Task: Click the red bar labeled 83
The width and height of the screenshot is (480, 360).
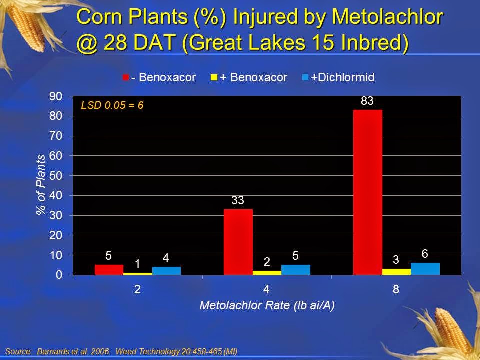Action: pos(368,192)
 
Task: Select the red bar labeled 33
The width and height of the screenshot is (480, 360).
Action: pos(238,242)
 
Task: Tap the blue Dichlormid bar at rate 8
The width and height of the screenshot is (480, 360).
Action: pos(425,269)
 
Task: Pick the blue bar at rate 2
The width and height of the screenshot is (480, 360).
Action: pos(166,271)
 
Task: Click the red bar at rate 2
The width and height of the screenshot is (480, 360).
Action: pos(109,270)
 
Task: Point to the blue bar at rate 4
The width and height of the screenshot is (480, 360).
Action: pos(296,270)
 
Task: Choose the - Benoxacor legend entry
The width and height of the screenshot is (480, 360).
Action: pos(160,77)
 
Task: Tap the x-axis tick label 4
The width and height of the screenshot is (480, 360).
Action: pos(267,289)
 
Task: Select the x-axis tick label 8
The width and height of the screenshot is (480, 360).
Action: pos(396,289)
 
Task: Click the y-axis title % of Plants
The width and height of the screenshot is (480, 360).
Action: pos(41,185)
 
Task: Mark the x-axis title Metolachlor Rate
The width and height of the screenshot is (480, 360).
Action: pos(267,306)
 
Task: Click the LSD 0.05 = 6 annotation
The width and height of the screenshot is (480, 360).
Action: pos(112,106)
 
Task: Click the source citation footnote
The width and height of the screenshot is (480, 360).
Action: pos(121,351)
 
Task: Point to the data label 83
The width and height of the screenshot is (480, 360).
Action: pos(367,101)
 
